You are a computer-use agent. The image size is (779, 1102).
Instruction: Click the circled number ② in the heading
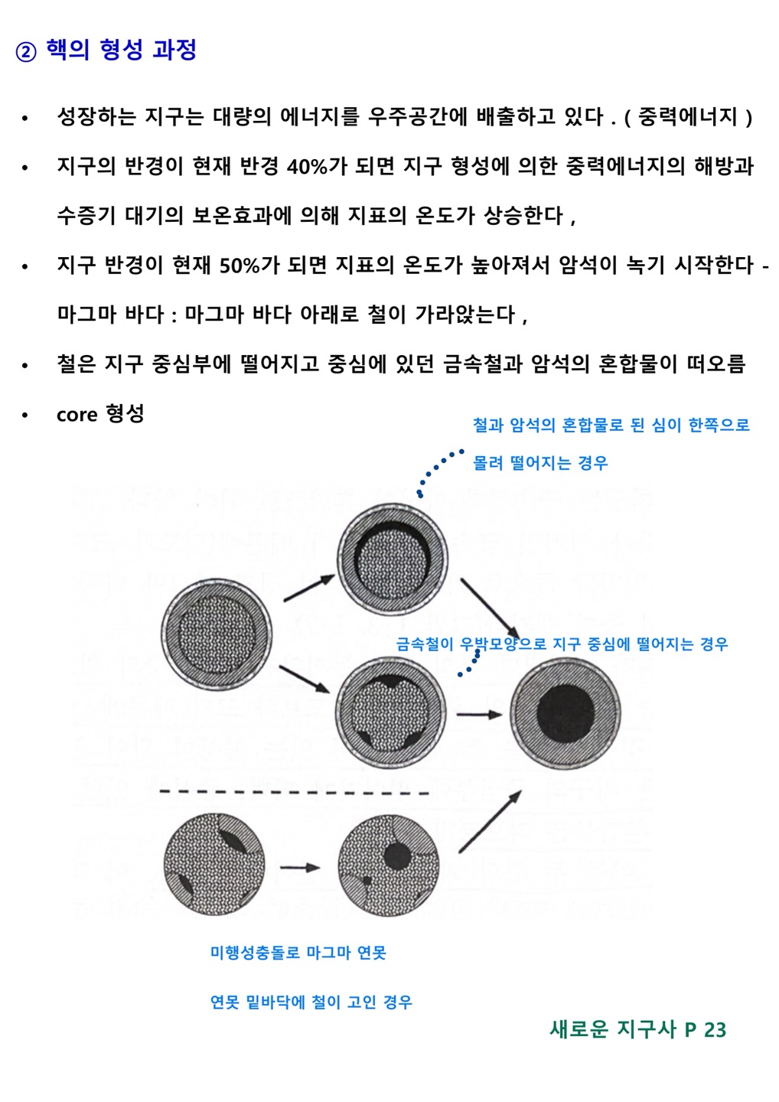pyautogui.click(x=26, y=52)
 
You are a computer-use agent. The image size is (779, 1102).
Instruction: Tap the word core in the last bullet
pyautogui.click(x=77, y=414)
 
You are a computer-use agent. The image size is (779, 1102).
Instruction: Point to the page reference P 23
pyautogui.click(x=706, y=1029)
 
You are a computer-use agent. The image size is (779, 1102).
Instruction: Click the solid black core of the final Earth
pyautogui.click(x=565, y=713)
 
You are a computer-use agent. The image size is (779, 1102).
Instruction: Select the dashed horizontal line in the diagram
pyautogui.click(x=295, y=791)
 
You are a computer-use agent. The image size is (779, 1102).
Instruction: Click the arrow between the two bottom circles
pyautogui.click(x=300, y=867)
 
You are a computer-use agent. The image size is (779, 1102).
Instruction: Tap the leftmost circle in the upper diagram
pyautogui.click(x=217, y=634)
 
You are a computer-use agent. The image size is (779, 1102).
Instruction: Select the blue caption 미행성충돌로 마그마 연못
pyautogui.click(x=298, y=953)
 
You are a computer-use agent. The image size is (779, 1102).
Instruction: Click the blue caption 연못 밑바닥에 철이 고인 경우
pyautogui.click(x=311, y=1002)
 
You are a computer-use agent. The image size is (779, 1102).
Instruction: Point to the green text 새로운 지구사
pyautogui.click(x=613, y=1029)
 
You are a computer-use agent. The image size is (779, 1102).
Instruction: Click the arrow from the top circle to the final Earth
pyautogui.click(x=490, y=608)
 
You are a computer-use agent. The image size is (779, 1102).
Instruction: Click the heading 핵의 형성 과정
pyautogui.click(x=122, y=51)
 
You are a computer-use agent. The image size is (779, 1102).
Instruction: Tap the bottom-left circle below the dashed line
pyautogui.click(x=214, y=866)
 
